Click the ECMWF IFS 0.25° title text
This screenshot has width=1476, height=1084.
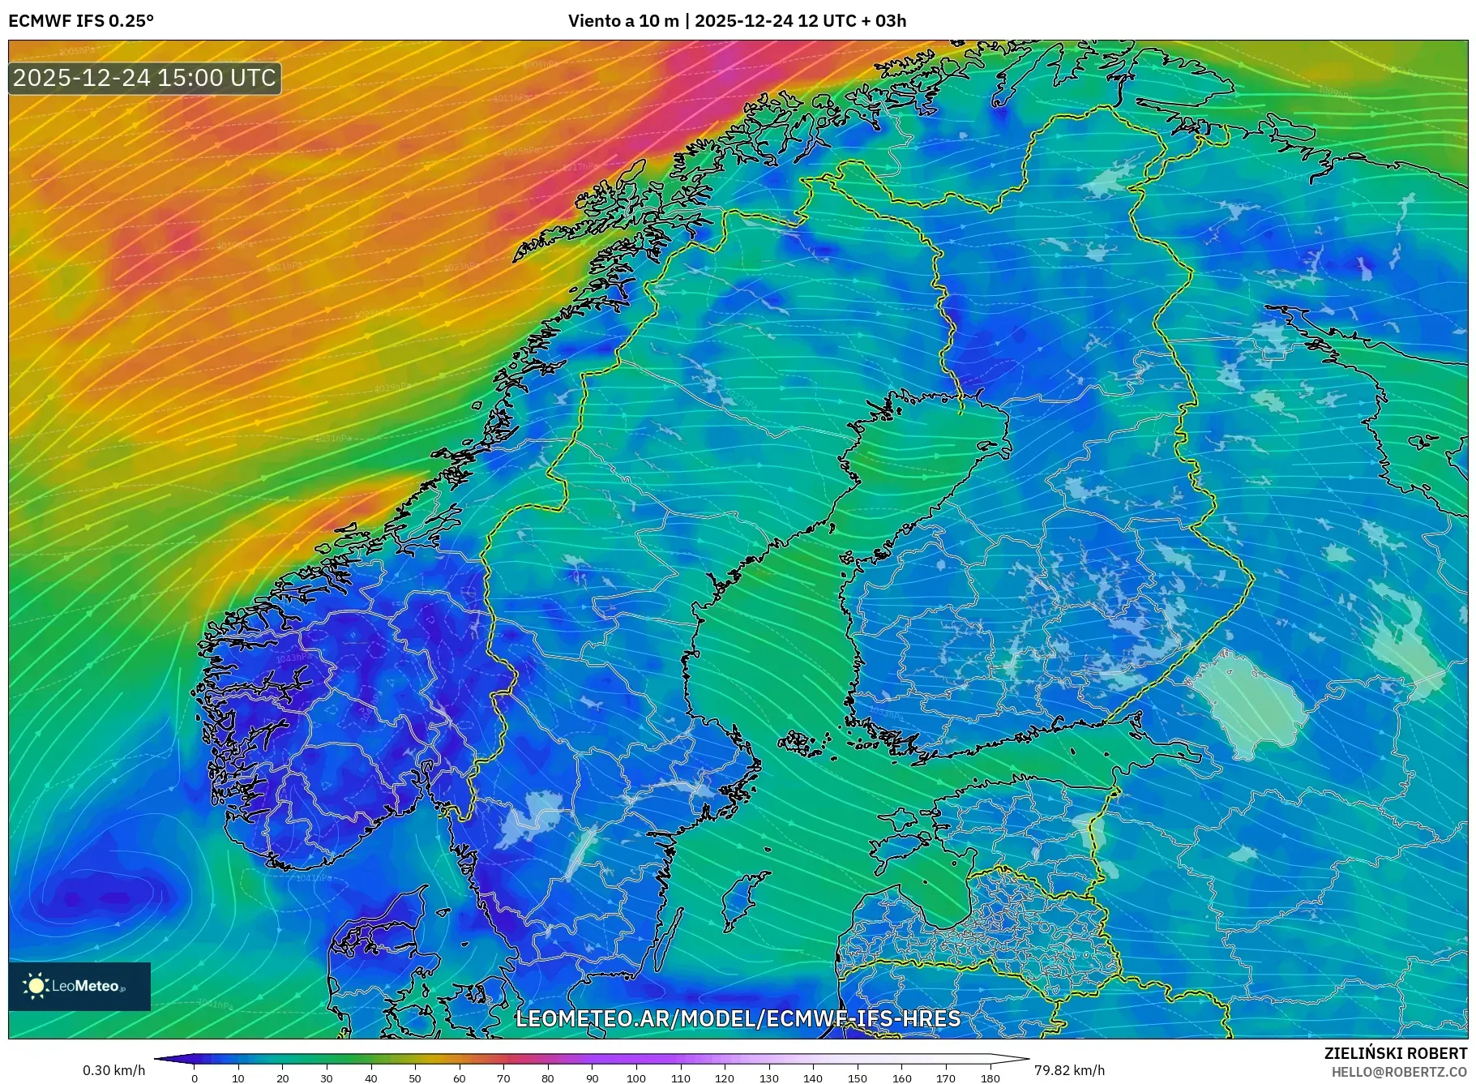[x=81, y=21]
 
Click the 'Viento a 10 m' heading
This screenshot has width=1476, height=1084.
[x=623, y=21]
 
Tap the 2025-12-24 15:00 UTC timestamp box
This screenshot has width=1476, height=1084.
[x=145, y=79]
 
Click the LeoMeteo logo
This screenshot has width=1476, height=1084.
[x=79, y=986]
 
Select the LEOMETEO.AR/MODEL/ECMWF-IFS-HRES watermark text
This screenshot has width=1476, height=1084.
[x=738, y=1018]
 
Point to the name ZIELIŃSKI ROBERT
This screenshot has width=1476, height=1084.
[x=1395, y=1053]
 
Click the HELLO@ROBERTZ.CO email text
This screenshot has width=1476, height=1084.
[x=1399, y=1072]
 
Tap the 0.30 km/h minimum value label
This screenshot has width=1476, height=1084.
[x=114, y=1070]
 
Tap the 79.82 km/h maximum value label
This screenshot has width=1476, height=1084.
[x=1069, y=1070]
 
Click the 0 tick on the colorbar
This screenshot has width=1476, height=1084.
[x=195, y=1078]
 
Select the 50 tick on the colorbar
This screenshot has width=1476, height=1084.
[x=415, y=1078]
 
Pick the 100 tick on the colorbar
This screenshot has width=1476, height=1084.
[x=636, y=1078]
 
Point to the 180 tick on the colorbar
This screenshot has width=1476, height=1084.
[x=990, y=1078]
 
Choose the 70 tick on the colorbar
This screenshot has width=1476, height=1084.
[x=503, y=1078]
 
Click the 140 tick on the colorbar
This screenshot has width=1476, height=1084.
[x=813, y=1078]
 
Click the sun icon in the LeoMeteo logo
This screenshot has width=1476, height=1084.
[x=36, y=986]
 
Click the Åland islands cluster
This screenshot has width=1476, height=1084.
[x=805, y=743]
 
